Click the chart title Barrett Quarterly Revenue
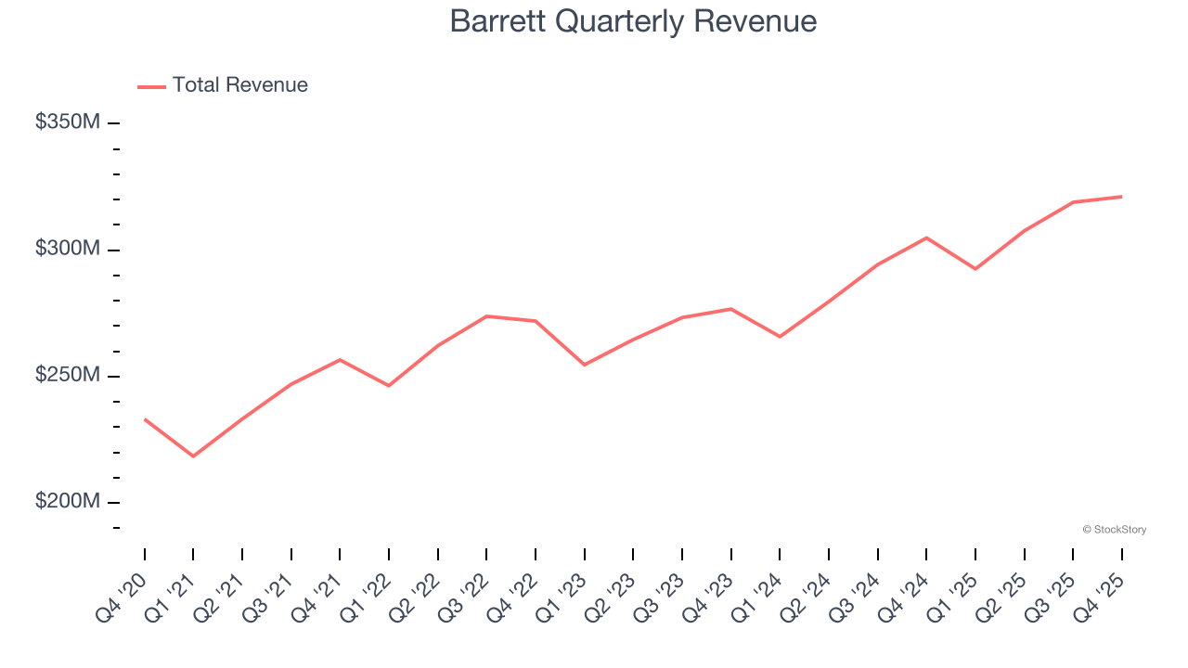tap(633, 21)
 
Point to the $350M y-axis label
tap(67, 122)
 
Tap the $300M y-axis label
tap(67, 250)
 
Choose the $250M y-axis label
tap(67, 376)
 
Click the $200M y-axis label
tap(67, 502)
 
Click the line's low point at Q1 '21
tap(193, 456)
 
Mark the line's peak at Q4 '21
tap(340, 359)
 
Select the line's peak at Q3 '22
tap(486, 316)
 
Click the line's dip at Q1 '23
tap(584, 365)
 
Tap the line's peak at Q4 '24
tap(926, 238)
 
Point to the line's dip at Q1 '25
tap(975, 269)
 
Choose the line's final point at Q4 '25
tap(1121, 197)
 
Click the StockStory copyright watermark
tap(1114, 530)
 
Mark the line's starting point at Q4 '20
tap(145, 419)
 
